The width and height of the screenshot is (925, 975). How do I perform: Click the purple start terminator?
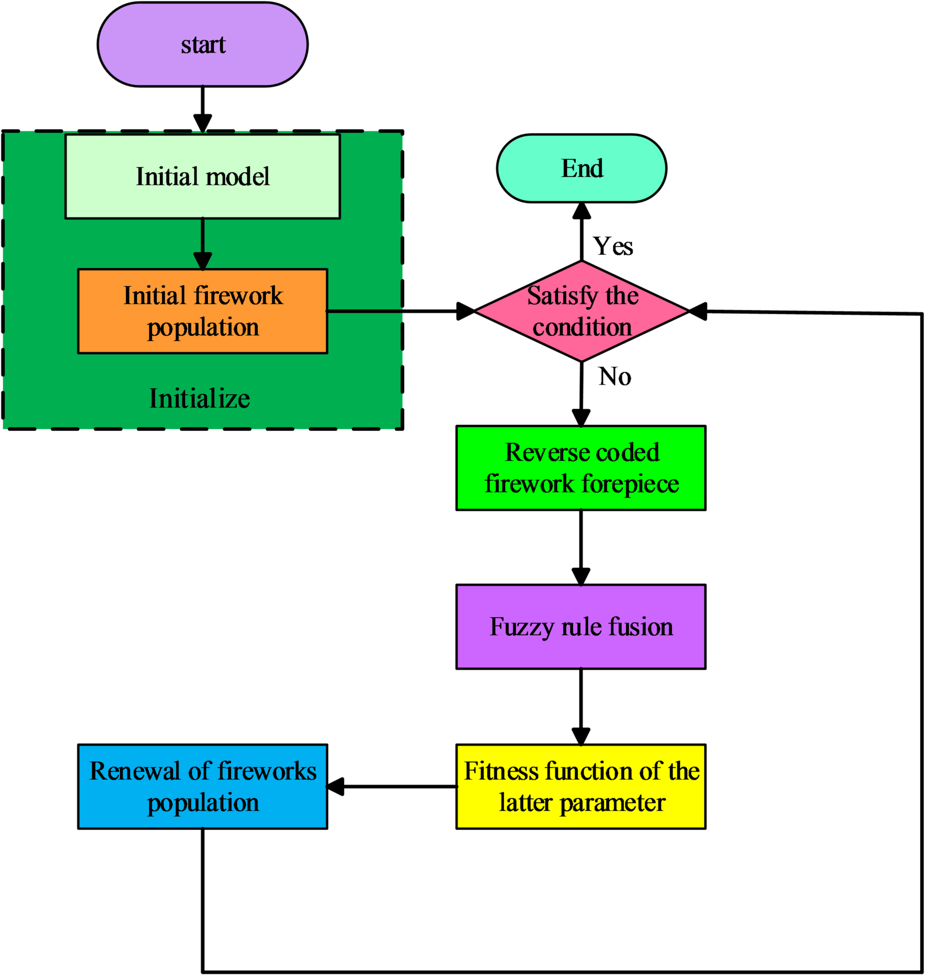click(202, 44)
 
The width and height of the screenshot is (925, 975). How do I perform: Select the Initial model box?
click(202, 176)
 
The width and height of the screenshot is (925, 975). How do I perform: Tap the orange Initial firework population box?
click(202, 311)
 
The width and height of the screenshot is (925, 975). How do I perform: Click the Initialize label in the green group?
click(199, 398)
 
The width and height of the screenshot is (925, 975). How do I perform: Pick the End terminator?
click(581, 168)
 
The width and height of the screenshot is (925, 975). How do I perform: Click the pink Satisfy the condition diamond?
click(581, 311)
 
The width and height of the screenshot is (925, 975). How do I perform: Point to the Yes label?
click(612, 246)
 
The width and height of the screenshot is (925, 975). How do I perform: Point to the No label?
click(615, 376)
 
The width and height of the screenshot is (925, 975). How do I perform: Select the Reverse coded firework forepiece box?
click(581, 468)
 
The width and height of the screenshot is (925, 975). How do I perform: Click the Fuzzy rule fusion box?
click(581, 626)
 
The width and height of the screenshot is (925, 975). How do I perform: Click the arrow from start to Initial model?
click(202, 108)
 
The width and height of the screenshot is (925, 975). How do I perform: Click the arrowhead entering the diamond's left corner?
click(465, 311)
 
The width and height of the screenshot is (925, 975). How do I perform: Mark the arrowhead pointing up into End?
click(581, 210)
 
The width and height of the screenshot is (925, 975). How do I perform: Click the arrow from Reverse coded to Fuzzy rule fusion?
click(581, 547)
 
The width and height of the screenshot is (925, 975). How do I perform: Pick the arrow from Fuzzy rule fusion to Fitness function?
click(581, 706)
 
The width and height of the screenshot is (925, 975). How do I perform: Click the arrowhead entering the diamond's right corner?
click(698, 311)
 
